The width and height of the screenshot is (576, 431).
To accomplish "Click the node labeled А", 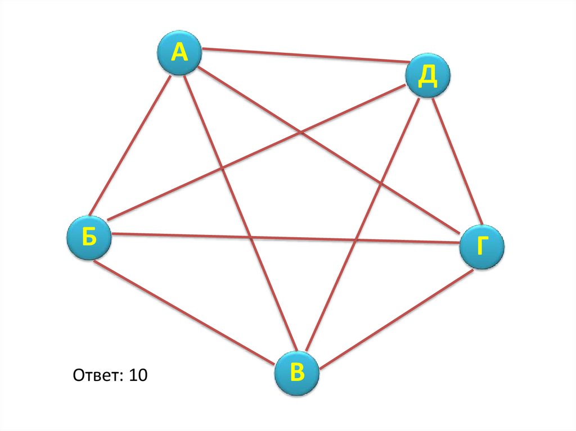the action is [x=178, y=53].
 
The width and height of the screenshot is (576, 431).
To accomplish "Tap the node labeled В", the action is [x=297, y=373].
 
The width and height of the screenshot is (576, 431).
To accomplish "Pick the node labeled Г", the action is [x=482, y=247].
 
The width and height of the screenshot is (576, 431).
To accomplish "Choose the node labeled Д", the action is [x=428, y=76].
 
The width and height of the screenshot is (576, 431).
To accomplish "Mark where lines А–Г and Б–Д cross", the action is [x=303, y=133].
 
